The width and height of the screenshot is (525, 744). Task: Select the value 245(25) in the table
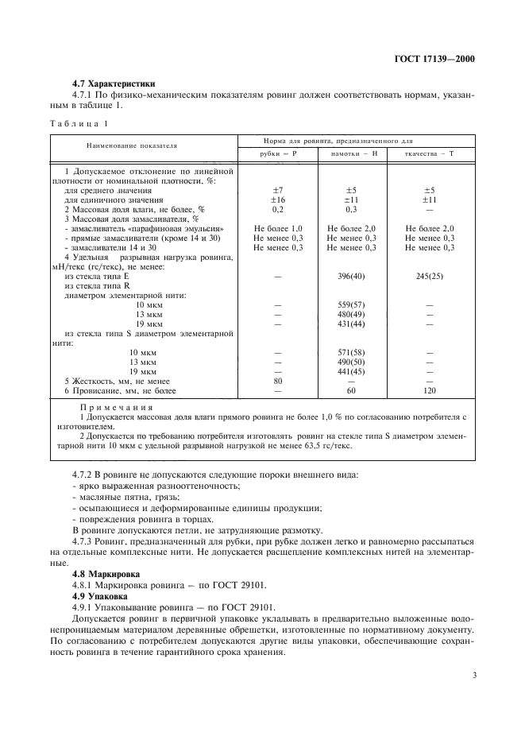[429, 275]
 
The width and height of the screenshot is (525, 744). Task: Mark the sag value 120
[429, 390]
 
